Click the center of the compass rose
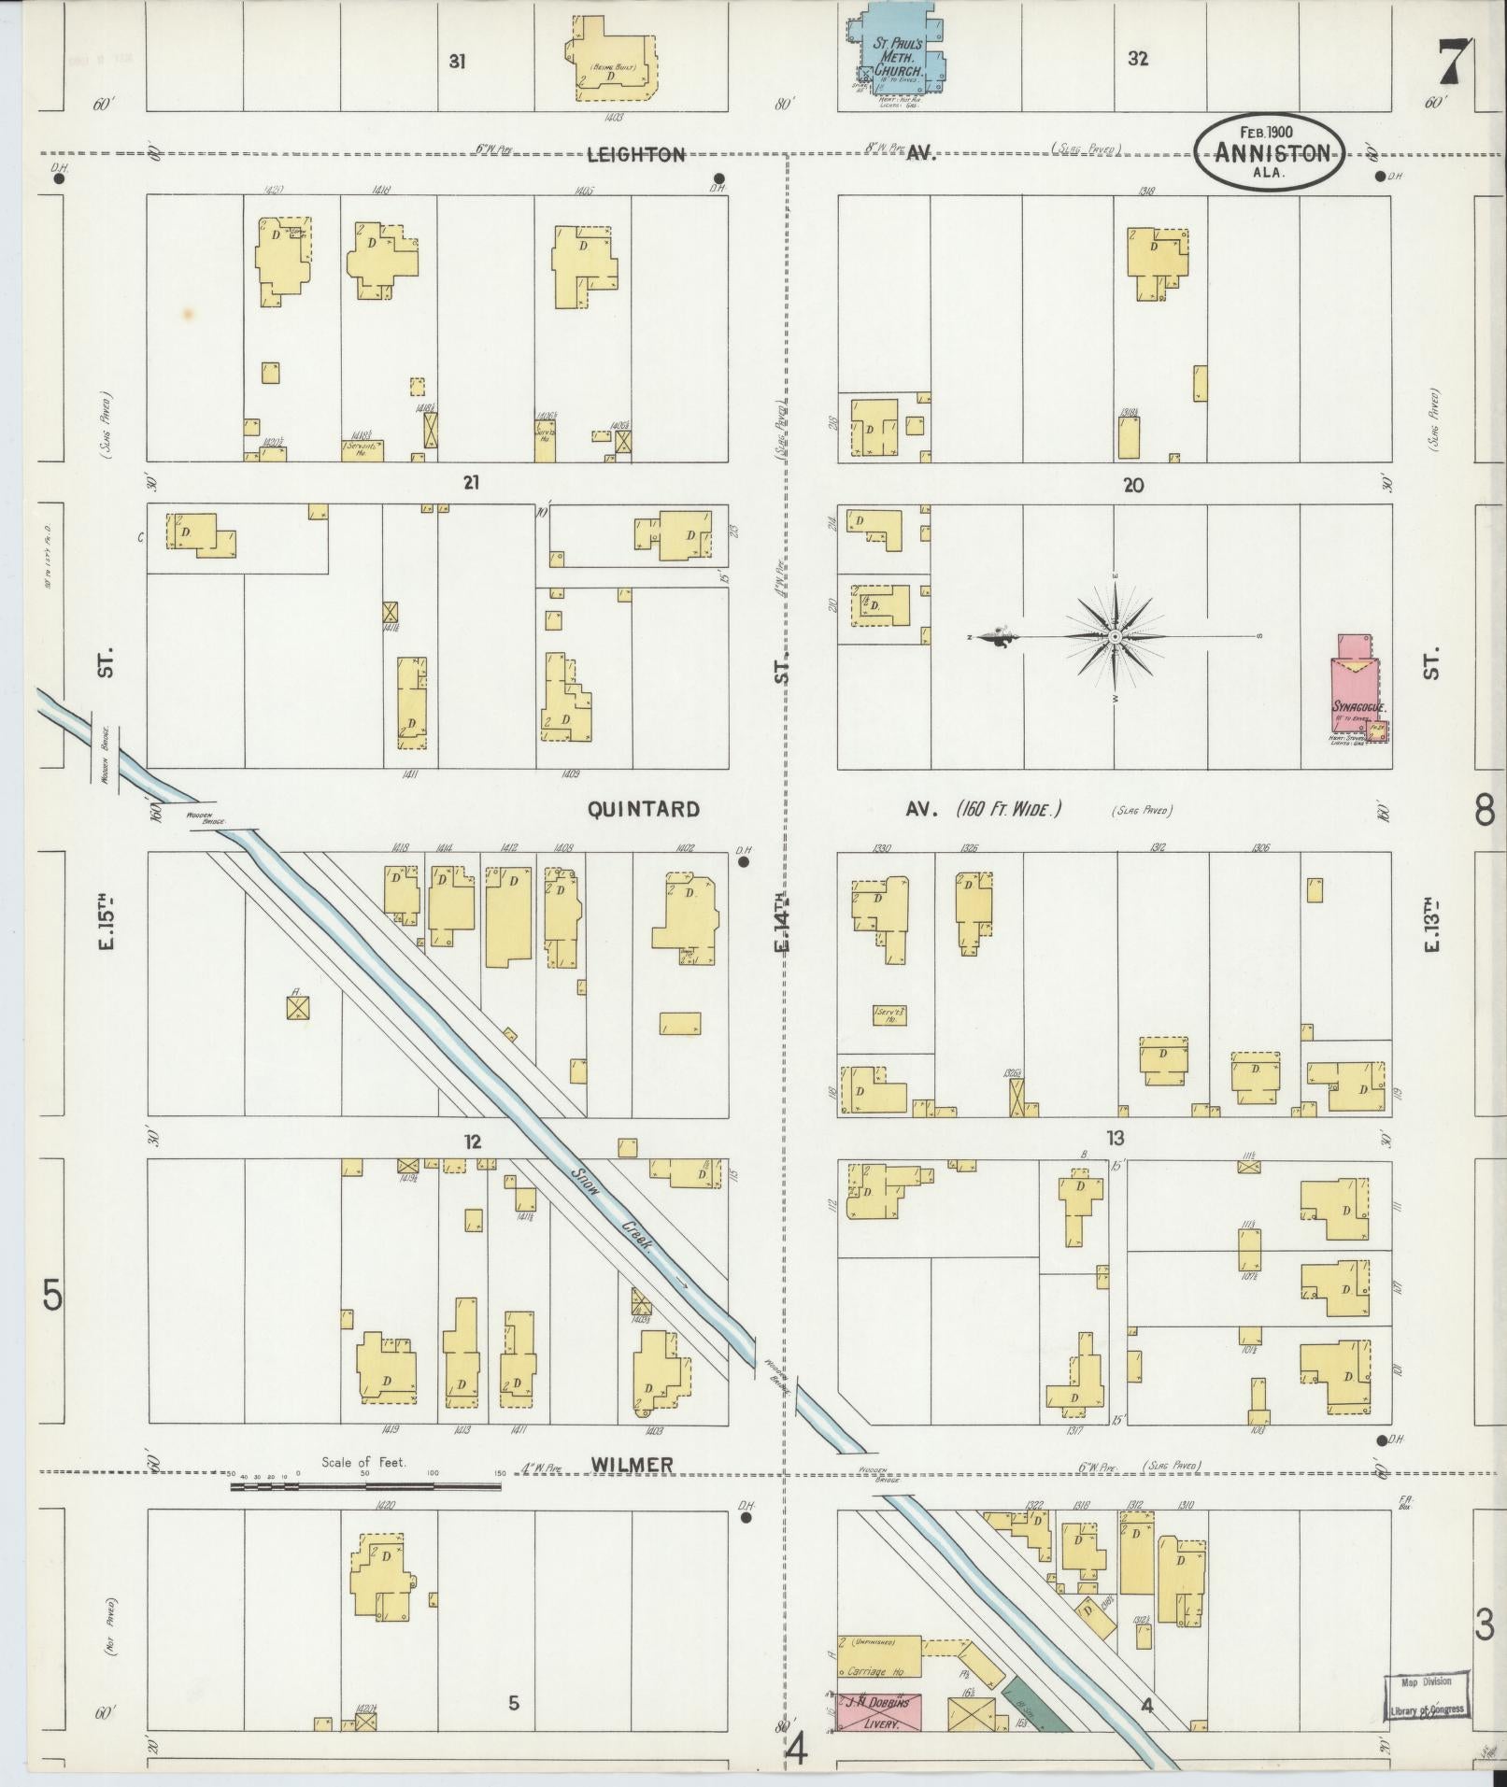pos(1116,636)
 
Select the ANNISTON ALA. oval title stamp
pos(1271,152)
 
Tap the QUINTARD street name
pos(643,809)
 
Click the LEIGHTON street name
pos(635,155)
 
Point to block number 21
pos(472,483)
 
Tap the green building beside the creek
pos(1035,1705)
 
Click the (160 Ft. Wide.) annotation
pos(1009,809)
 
